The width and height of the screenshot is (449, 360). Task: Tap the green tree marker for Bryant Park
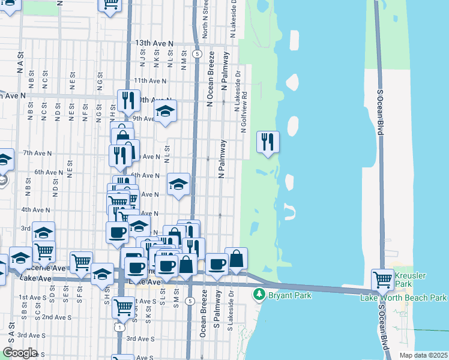coord(259,294)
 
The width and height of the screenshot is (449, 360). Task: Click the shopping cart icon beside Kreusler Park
coord(382,279)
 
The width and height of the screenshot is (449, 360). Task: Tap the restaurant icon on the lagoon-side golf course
coord(268,142)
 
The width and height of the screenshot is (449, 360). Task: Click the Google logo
coord(20,353)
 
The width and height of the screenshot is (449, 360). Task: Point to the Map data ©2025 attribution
coord(423,355)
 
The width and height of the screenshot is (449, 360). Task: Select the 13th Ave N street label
coord(154,44)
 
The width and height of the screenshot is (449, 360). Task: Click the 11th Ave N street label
coord(149,80)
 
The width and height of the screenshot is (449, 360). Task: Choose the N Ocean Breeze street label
coord(211,87)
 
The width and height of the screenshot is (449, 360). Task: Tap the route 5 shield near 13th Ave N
coord(197,54)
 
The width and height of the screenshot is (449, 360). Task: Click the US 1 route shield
coord(121,328)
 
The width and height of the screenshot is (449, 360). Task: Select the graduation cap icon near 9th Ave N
coord(165,111)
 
